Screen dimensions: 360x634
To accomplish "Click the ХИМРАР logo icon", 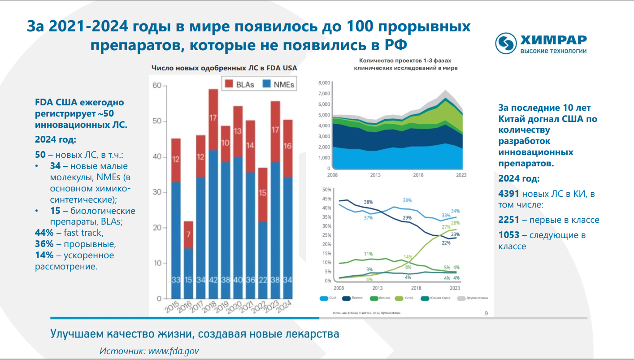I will click(507, 43).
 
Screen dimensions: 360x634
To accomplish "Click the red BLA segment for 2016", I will click(188, 234).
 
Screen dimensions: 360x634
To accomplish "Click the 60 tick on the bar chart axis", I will click(156, 86).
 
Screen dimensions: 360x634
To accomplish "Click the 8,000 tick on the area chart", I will click(324, 83).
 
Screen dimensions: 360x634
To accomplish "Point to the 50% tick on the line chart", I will click(326, 190).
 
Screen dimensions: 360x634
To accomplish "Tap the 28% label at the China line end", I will click(456, 223).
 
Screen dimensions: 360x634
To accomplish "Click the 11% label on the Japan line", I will click(368, 254).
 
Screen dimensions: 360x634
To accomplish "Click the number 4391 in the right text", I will click(509, 195).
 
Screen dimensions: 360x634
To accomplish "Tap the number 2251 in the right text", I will click(509, 220).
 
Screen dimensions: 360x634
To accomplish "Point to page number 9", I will click(486, 313).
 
